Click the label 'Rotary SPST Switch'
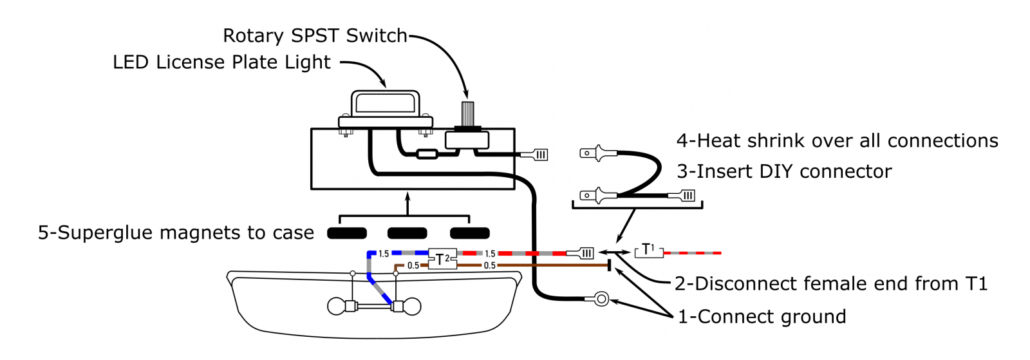315,35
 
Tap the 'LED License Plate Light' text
221,62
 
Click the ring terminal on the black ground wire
601,299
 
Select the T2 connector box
442,259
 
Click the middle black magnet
407,233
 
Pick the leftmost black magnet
347,233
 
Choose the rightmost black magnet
469,233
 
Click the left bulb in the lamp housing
337,306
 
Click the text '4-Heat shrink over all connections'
837,141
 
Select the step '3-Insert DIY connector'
784,171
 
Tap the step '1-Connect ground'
762,317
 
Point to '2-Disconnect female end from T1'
830,283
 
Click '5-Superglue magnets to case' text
176,233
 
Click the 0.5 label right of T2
489,265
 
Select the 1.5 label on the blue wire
384,254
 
